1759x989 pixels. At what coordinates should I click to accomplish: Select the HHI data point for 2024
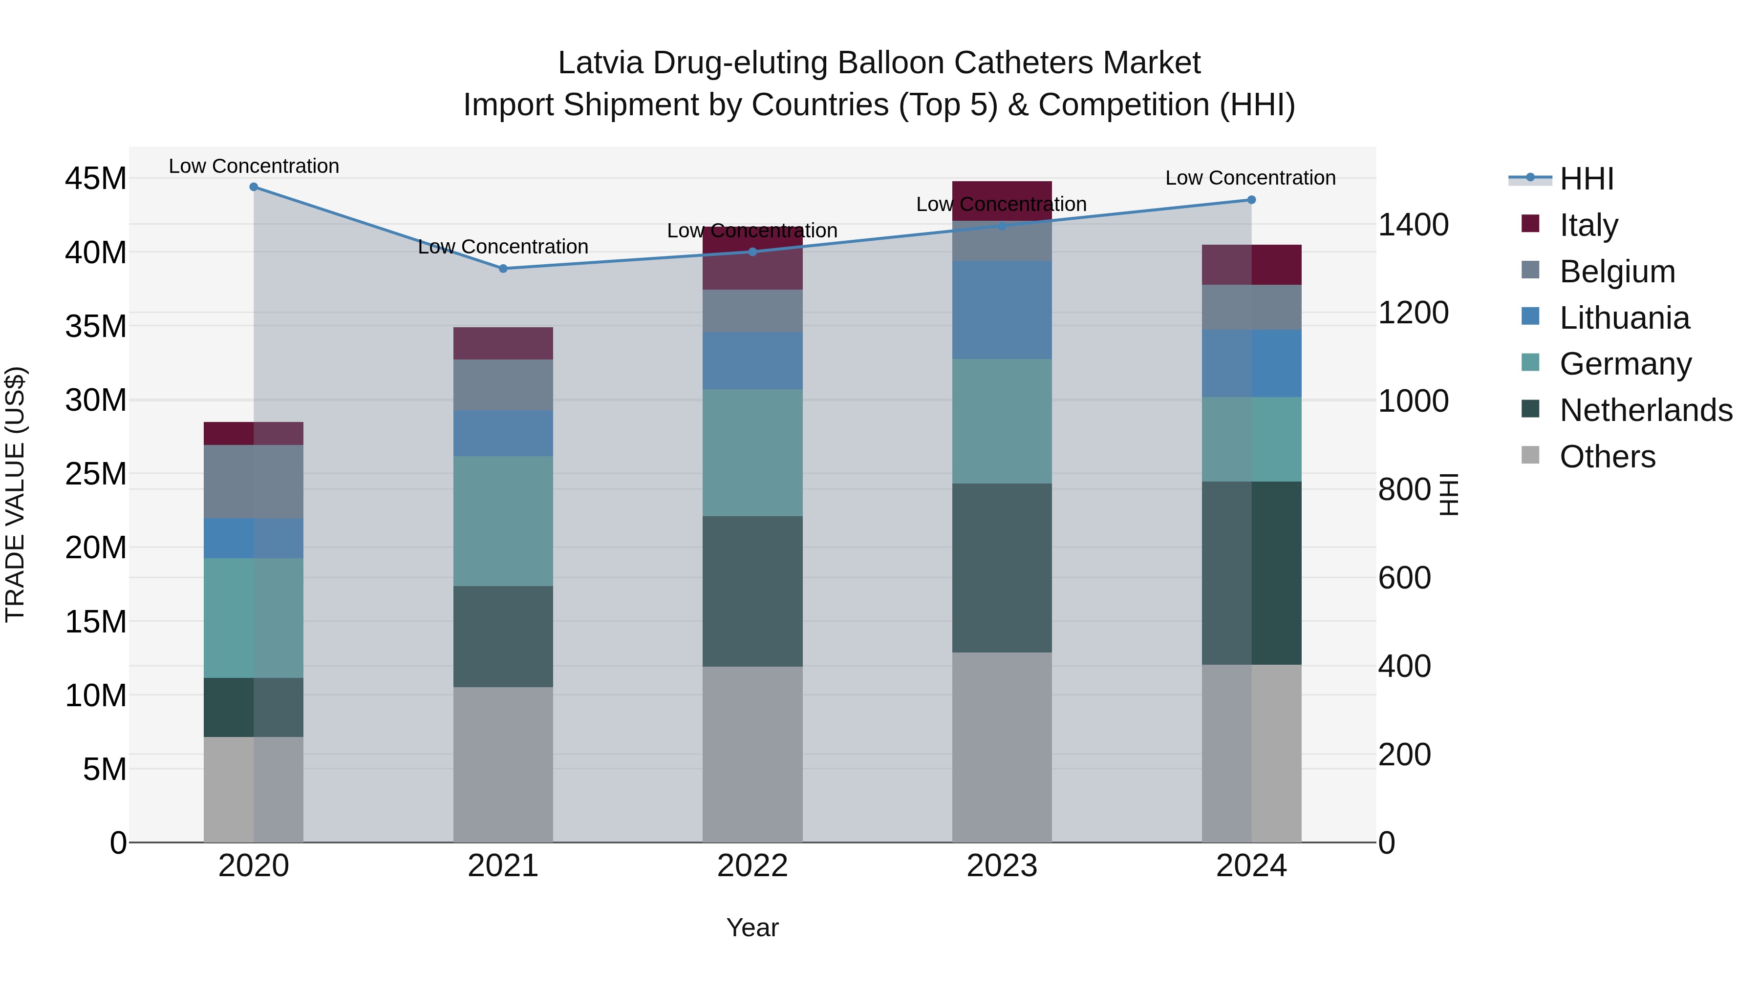coord(1251,200)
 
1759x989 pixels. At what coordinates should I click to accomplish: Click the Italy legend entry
coord(1588,225)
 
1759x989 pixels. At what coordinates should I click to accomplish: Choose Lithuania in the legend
coord(1624,318)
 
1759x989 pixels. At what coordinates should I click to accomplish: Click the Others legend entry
coord(1607,457)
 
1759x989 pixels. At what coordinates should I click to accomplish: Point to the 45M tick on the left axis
coord(96,179)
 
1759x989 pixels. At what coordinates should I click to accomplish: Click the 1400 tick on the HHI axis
coord(1413,225)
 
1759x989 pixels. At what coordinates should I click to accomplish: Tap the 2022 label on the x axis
coord(752,866)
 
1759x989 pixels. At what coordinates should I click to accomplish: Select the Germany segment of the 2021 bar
coord(503,521)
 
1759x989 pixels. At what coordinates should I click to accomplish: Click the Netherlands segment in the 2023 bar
coord(1002,568)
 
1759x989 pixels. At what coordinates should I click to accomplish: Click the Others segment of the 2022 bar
coord(752,754)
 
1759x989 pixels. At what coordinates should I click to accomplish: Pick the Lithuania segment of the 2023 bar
coord(1002,310)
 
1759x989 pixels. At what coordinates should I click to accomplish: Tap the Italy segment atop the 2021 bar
coord(503,343)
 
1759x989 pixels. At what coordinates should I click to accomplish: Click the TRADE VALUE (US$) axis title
coord(15,494)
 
